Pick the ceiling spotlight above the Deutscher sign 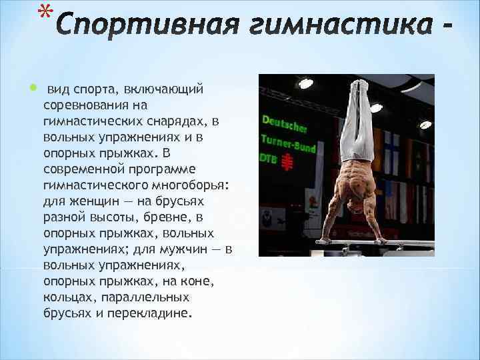(x=305, y=84)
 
